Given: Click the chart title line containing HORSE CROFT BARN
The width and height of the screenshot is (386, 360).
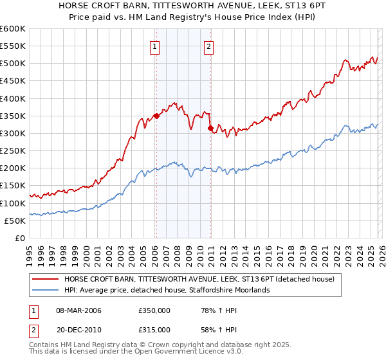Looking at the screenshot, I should pos(192,6).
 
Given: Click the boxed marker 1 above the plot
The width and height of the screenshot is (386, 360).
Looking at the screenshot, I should pos(156,46).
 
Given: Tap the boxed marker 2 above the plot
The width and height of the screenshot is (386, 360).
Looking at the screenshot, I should pos(210,46).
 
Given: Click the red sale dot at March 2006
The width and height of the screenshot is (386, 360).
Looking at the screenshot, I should pos(156,116).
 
